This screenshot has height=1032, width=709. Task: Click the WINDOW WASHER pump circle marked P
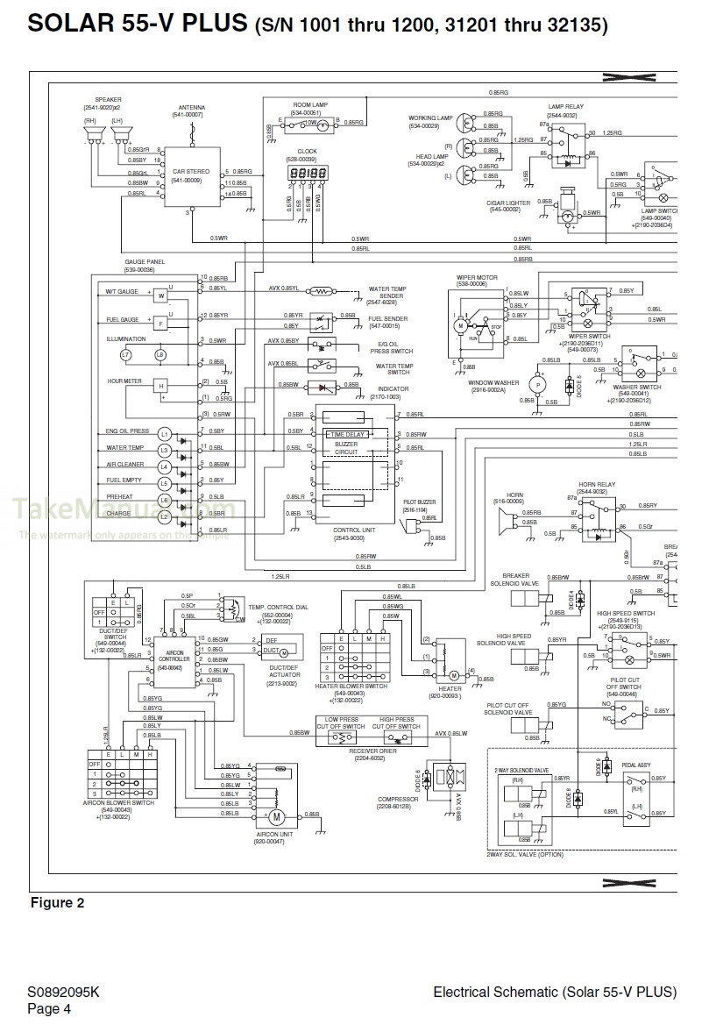tap(537, 383)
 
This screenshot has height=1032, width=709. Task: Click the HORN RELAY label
tap(597, 485)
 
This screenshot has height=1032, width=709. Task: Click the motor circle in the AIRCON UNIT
tap(275, 817)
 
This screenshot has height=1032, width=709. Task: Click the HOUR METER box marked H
tap(161, 385)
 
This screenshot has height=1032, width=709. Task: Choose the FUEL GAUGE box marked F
tap(161, 324)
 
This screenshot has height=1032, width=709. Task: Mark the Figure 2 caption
tap(58, 903)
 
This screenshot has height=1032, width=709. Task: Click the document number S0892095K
tap(63, 993)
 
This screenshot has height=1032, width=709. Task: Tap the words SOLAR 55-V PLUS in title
tap(138, 25)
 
